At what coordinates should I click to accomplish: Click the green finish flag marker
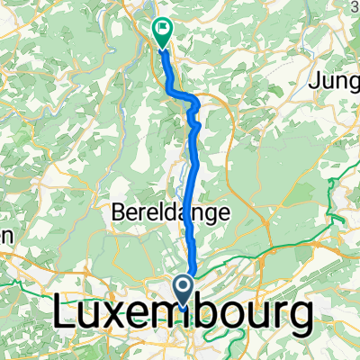coord(162,31)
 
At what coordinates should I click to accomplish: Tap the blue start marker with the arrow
coord(184,290)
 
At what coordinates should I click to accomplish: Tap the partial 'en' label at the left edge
coord(5,234)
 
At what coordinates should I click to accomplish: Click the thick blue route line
coord(188,180)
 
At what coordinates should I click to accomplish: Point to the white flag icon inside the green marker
coord(163,28)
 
